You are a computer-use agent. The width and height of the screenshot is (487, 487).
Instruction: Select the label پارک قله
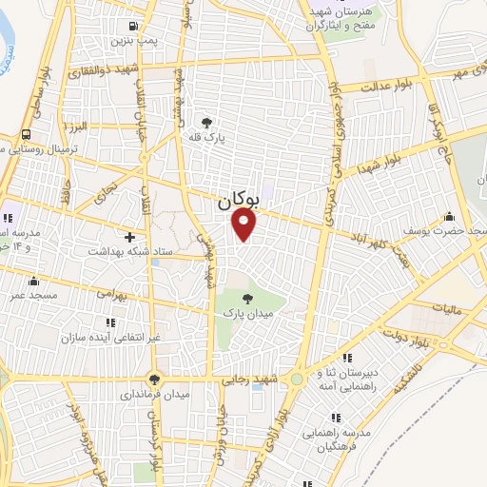(x=207, y=138)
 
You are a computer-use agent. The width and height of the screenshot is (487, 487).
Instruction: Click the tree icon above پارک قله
(x=207, y=123)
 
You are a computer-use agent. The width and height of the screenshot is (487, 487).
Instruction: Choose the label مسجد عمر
(x=34, y=296)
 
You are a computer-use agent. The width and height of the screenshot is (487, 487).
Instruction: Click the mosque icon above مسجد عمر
(x=34, y=281)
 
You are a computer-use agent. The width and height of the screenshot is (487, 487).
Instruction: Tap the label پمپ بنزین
(x=130, y=41)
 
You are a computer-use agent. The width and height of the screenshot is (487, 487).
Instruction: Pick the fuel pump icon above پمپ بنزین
(x=130, y=26)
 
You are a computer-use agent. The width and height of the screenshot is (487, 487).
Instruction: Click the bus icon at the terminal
(x=24, y=134)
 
